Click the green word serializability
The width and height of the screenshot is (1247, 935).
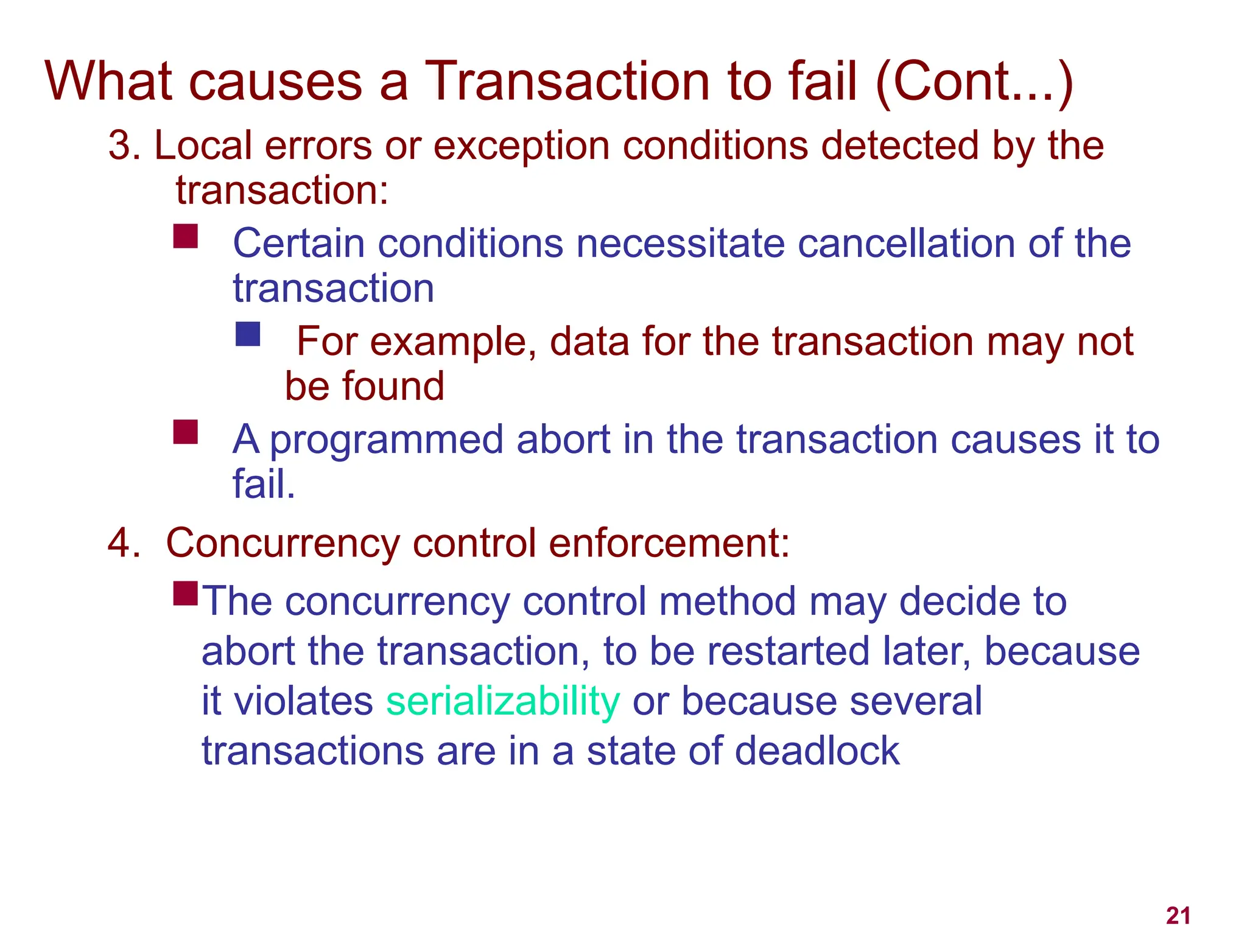click(x=503, y=702)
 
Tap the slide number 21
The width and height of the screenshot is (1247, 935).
click(x=1178, y=916)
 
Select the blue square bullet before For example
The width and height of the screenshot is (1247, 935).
click(x=248, y=334)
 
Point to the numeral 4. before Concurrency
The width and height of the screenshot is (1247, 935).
click(x=124, y=543)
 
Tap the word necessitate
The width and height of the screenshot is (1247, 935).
click(x=680, y=243)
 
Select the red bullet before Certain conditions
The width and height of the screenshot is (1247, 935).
click(x=185, y=236)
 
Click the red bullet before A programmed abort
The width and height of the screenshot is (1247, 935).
click(x=185, y=432)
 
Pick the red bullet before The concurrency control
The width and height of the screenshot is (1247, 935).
click(x=185, y=593)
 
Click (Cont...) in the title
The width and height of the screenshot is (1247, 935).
click(x=974, y=82)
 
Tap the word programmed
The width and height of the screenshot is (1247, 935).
click(x=387, y=440)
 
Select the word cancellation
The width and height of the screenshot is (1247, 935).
click(x=906, y=243)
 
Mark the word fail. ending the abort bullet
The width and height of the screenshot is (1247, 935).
click(x=264, y=485)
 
